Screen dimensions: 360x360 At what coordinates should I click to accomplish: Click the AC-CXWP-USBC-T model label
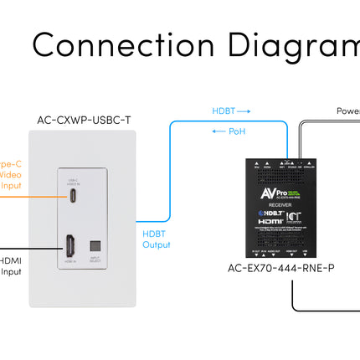click(84, 120)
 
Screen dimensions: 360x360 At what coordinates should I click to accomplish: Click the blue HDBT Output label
click(156, 239)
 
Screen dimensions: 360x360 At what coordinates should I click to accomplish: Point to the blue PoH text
click(237, 131)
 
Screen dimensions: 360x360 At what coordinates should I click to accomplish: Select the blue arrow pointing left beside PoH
click(214, 131)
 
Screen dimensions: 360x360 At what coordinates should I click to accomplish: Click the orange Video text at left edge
click(8, 175)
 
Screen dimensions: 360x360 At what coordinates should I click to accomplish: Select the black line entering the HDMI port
click(33, 248)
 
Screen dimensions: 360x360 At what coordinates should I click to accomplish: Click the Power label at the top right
click(347, 111)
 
